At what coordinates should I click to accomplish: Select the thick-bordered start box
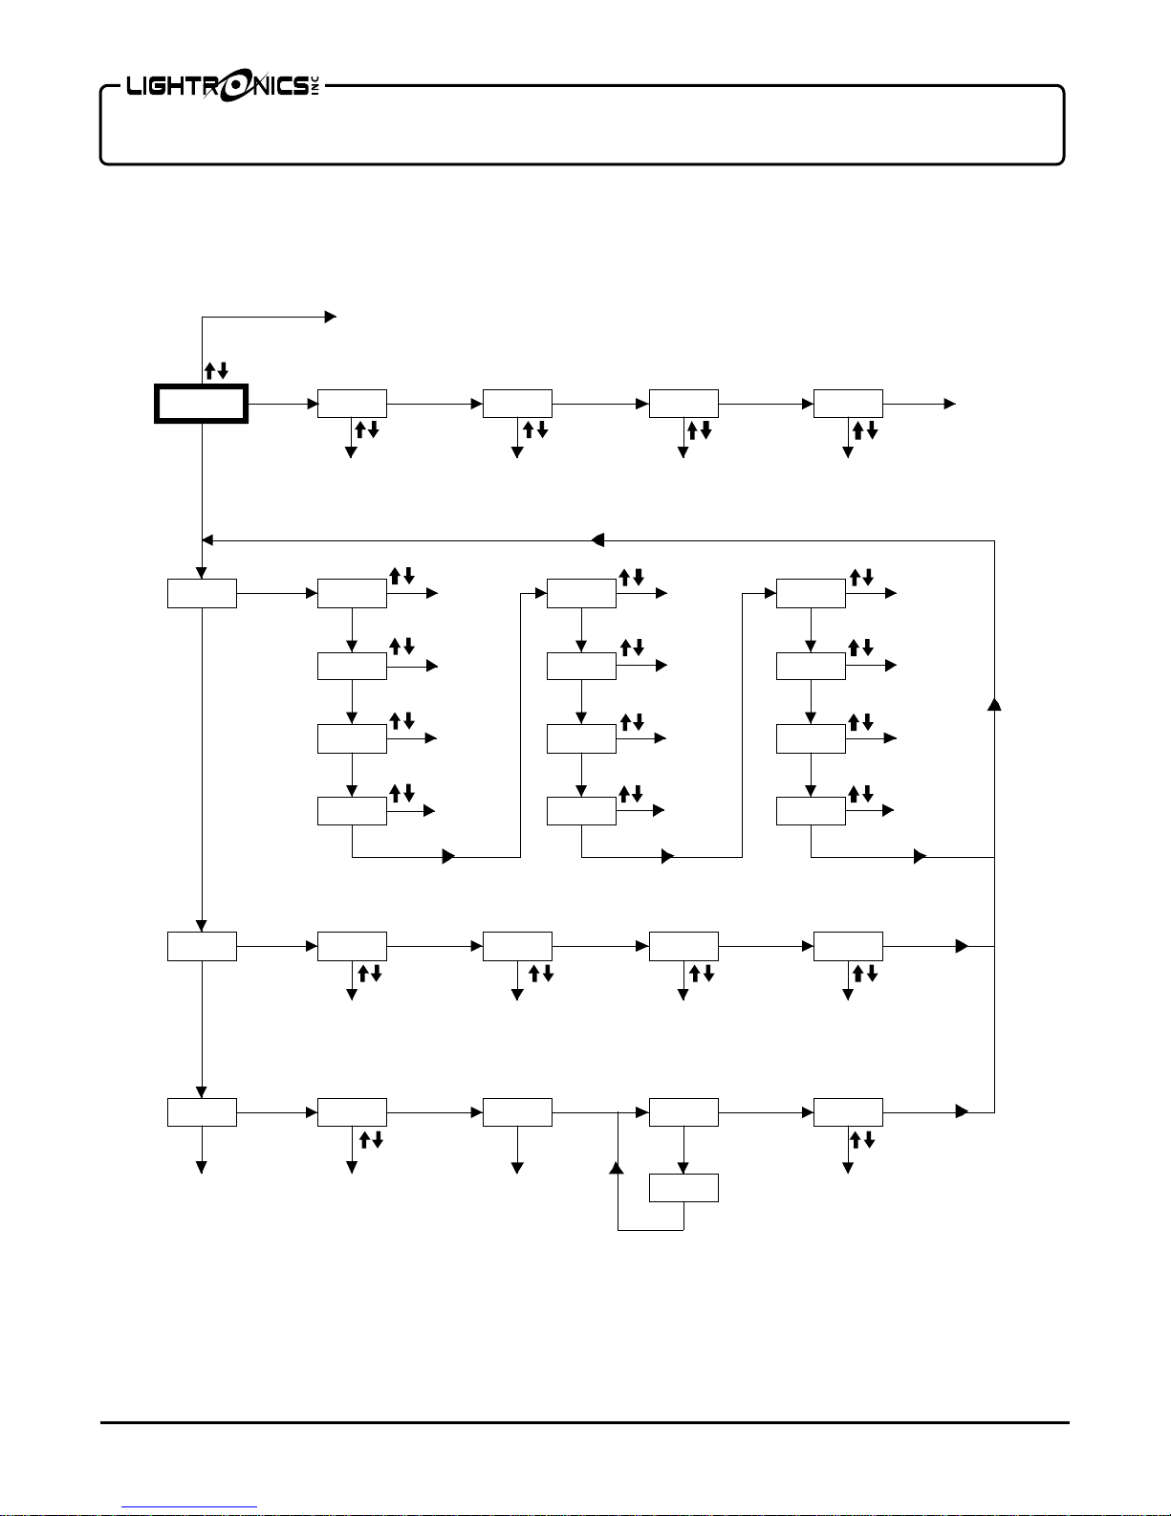[x=202, y=404]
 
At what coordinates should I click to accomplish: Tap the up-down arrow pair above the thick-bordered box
[x=216, y=370]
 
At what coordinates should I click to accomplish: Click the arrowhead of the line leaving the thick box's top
[x=331, y=316]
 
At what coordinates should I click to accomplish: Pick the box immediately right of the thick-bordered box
[x=352, y=404]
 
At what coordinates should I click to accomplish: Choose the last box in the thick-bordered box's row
[x=848, y=404]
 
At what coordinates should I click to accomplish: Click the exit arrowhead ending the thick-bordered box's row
[x=949, y=404]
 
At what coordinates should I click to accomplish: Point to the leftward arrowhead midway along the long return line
[x=597, y=540]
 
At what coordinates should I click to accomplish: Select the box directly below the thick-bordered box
[x=202, y=593]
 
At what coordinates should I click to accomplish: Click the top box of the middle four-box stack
[x=581, y=593]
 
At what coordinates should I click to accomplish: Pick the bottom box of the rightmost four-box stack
[x=811, y=811]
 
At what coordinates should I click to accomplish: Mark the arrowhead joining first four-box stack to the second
[x=448, y=856]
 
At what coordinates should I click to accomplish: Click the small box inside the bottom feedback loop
[x=683, y=1188]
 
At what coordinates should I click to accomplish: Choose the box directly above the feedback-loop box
[x=683, y=1112]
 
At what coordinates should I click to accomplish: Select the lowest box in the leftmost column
[x=202, y=1112]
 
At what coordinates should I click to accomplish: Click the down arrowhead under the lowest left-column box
[x=202, y=1166]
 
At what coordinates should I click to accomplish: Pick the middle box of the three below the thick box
[x=202, y=946]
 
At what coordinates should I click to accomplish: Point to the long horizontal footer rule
[x=585, y=1422]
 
